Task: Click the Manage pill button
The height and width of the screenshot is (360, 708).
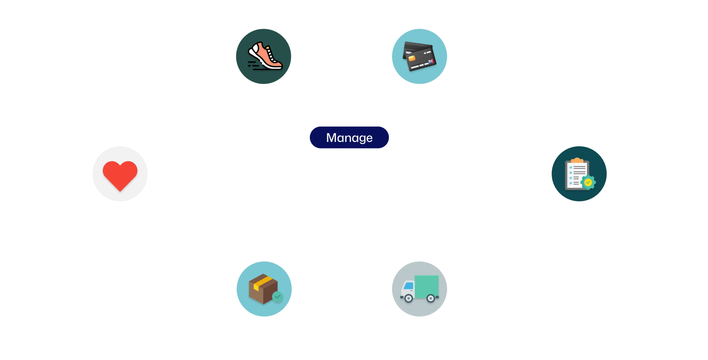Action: pos(349,138)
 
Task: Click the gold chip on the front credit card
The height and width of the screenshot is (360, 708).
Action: pos(412,58)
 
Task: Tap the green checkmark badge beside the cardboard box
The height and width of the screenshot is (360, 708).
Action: pos(277,297)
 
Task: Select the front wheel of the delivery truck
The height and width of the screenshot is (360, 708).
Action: pos(408,298)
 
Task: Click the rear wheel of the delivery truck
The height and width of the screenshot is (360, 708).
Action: pos(431,298)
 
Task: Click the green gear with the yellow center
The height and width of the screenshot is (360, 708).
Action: pos(588,182)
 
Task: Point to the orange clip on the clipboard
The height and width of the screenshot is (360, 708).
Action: pos(577,160)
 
